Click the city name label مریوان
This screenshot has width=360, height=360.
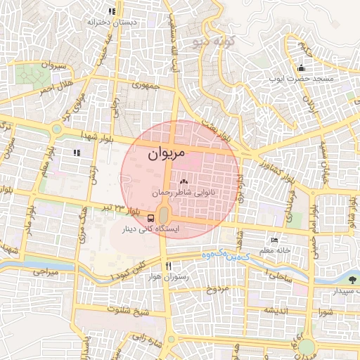click(x=167, y=151)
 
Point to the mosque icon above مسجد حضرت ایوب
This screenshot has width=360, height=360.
click(x=302, y=68)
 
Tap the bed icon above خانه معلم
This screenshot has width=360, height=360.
click(x=274, y=240)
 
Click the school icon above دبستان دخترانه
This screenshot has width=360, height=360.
click(x=111, y=12)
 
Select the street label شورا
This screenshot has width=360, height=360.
click(x=323, y=310)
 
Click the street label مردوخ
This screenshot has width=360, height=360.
click(x=217, y=289)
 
